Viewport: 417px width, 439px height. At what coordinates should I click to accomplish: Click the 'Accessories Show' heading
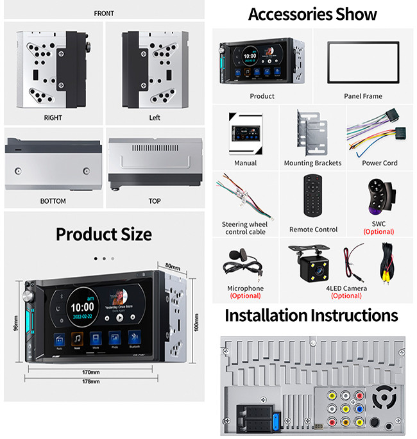pos(312,14)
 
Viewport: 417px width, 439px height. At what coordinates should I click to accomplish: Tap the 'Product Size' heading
pos(103,234)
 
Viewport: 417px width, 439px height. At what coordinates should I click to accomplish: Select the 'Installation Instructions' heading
pos(311,316)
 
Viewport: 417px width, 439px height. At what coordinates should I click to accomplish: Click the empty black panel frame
pos(363,62)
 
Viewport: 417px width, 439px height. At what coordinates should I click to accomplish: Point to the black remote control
pos(313,198)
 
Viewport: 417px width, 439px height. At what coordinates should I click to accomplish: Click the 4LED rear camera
pos(313,263)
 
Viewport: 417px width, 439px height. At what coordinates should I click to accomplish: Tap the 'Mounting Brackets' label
pos(312,163)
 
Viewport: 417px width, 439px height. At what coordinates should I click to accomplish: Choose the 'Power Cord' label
pos(379,163)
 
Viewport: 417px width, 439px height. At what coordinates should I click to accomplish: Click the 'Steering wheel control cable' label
pos(244,228)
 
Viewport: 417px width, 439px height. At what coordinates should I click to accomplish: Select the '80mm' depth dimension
pos(173,265)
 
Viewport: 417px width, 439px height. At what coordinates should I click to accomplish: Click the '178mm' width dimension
pos(90,382)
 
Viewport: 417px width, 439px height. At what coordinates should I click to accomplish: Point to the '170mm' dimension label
pos(90,372)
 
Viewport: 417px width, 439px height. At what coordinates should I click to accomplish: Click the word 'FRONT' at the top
pos(104,13)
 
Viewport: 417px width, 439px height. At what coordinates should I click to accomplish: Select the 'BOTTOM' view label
pos(53,201)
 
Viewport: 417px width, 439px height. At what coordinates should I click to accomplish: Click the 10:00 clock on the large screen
pos(82,308)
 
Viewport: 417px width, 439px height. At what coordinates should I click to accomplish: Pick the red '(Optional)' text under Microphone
pos(245,296)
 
